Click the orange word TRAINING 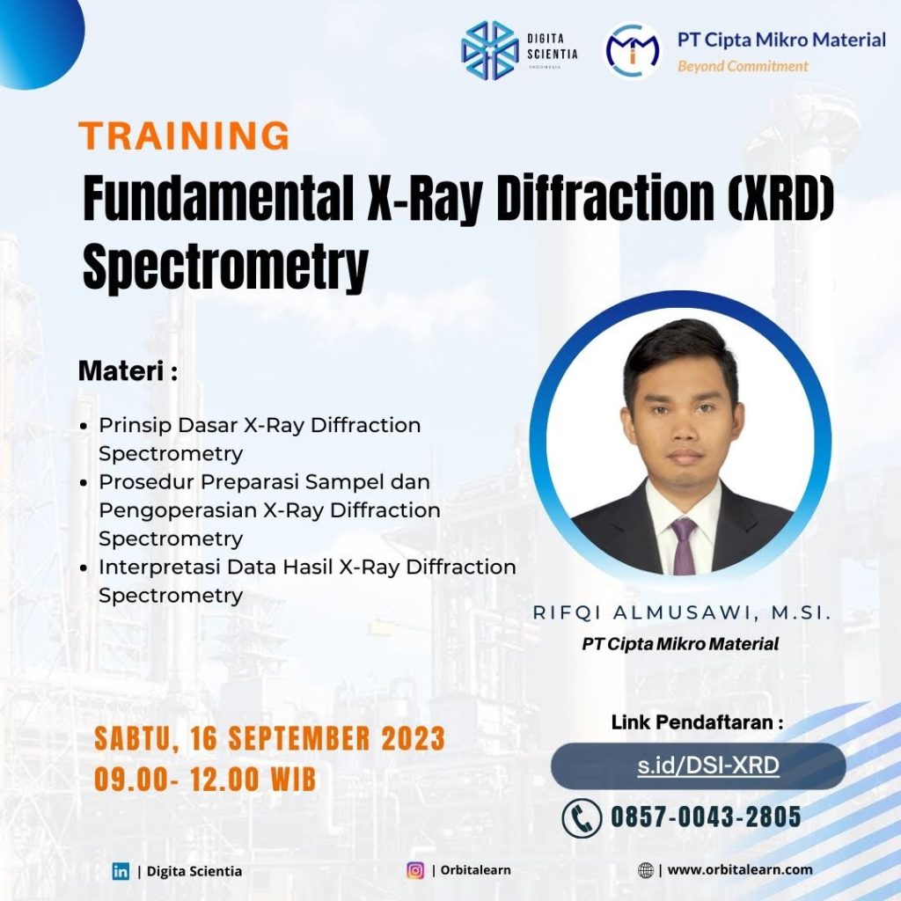coord(185,136)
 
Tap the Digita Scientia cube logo coord(489,50)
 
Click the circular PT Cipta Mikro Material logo coord(632,50)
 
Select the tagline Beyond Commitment coord(743,66)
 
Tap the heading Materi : coord(128,370)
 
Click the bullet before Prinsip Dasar coord(84,427)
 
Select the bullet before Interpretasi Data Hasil coord(84,568)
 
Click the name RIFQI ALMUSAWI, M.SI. coord(682,612)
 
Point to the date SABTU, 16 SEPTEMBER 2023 coord(270,738)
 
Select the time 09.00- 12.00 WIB coord(205,780)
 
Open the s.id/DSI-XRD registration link coord(708,765)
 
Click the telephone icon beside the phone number coord(582,817)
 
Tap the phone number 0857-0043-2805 coord(706,817)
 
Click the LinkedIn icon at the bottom coord(121,871)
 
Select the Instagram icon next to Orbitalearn coord(415,870)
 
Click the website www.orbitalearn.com coord(740,870)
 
